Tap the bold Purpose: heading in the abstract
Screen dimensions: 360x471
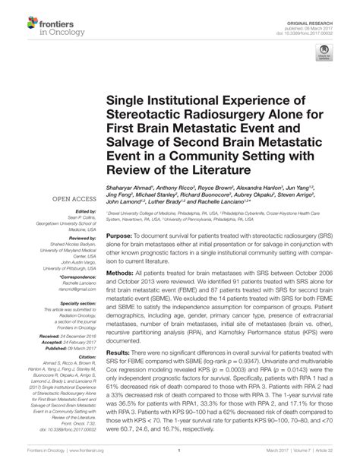point(121,236)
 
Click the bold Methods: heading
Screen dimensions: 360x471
point(121,292)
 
